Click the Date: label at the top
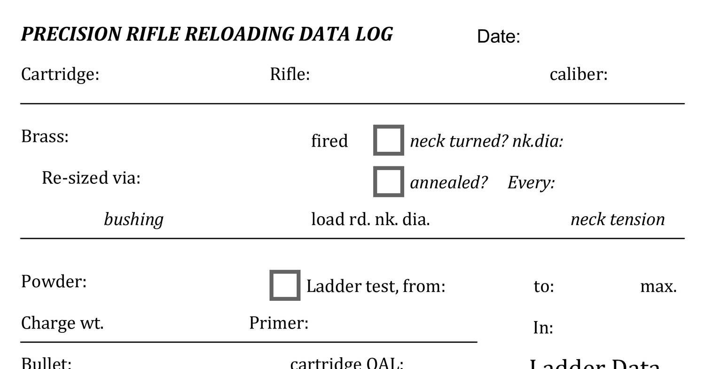498,36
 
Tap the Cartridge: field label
60,74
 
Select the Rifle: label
290,74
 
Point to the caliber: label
578,74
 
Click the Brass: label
45,136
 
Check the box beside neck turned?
389,140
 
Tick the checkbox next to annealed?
389,181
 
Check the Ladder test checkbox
285,285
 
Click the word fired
329,141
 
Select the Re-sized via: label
91,178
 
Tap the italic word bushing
133,220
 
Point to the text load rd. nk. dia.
370,219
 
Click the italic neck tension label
617,220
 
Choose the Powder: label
54,282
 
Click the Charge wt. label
63,323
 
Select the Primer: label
279,323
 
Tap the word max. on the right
658,286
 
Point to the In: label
543,328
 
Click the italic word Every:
531,182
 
